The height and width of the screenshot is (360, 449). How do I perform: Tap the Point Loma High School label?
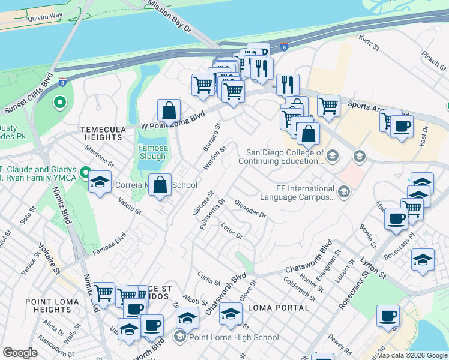click(x=234, y=338)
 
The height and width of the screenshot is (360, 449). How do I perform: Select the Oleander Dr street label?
click(x=250, y=209)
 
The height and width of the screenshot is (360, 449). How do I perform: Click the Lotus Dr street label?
click(x=231, y=232)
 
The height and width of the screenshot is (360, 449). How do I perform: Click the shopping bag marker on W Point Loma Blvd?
click(x=169, y=111)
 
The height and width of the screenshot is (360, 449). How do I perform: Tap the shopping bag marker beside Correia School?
click(x=160, y=185)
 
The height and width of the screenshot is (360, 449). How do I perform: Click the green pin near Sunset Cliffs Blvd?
click(x=59, y=103)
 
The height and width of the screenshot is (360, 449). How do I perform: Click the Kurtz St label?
click(x=369, y=41)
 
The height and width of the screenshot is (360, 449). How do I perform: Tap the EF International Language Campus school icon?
click(x=344, y=192)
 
